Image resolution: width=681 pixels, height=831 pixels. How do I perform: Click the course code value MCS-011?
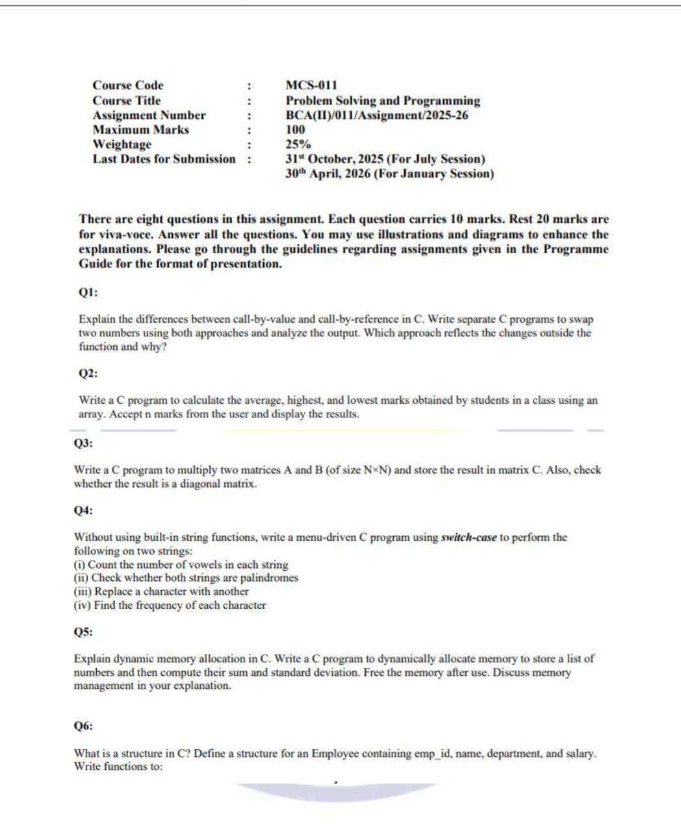pos(311,86)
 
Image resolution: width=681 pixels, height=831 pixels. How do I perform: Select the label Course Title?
pos(126,101)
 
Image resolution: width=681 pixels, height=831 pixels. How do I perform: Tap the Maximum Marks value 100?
pos(295,130)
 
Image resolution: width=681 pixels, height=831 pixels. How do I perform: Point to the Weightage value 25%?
pos(298,145)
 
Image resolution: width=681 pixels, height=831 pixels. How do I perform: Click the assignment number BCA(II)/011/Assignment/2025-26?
pos(377,116)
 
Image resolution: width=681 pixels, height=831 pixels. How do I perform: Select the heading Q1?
pos(88,292)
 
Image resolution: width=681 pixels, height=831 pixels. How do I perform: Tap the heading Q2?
pos(88,373)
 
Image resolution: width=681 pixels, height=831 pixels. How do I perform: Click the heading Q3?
pos(84,443)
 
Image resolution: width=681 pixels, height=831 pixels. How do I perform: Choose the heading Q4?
pos(84,510)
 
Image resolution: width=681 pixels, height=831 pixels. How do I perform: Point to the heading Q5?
pos(84,632)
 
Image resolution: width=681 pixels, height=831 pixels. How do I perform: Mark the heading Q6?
pos(84,726)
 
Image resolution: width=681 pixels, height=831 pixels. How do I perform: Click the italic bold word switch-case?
pos(469,538)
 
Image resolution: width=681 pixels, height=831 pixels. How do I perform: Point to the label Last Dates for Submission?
pos(164,159)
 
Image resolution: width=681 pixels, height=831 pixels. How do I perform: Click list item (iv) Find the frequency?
pos(170,605)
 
